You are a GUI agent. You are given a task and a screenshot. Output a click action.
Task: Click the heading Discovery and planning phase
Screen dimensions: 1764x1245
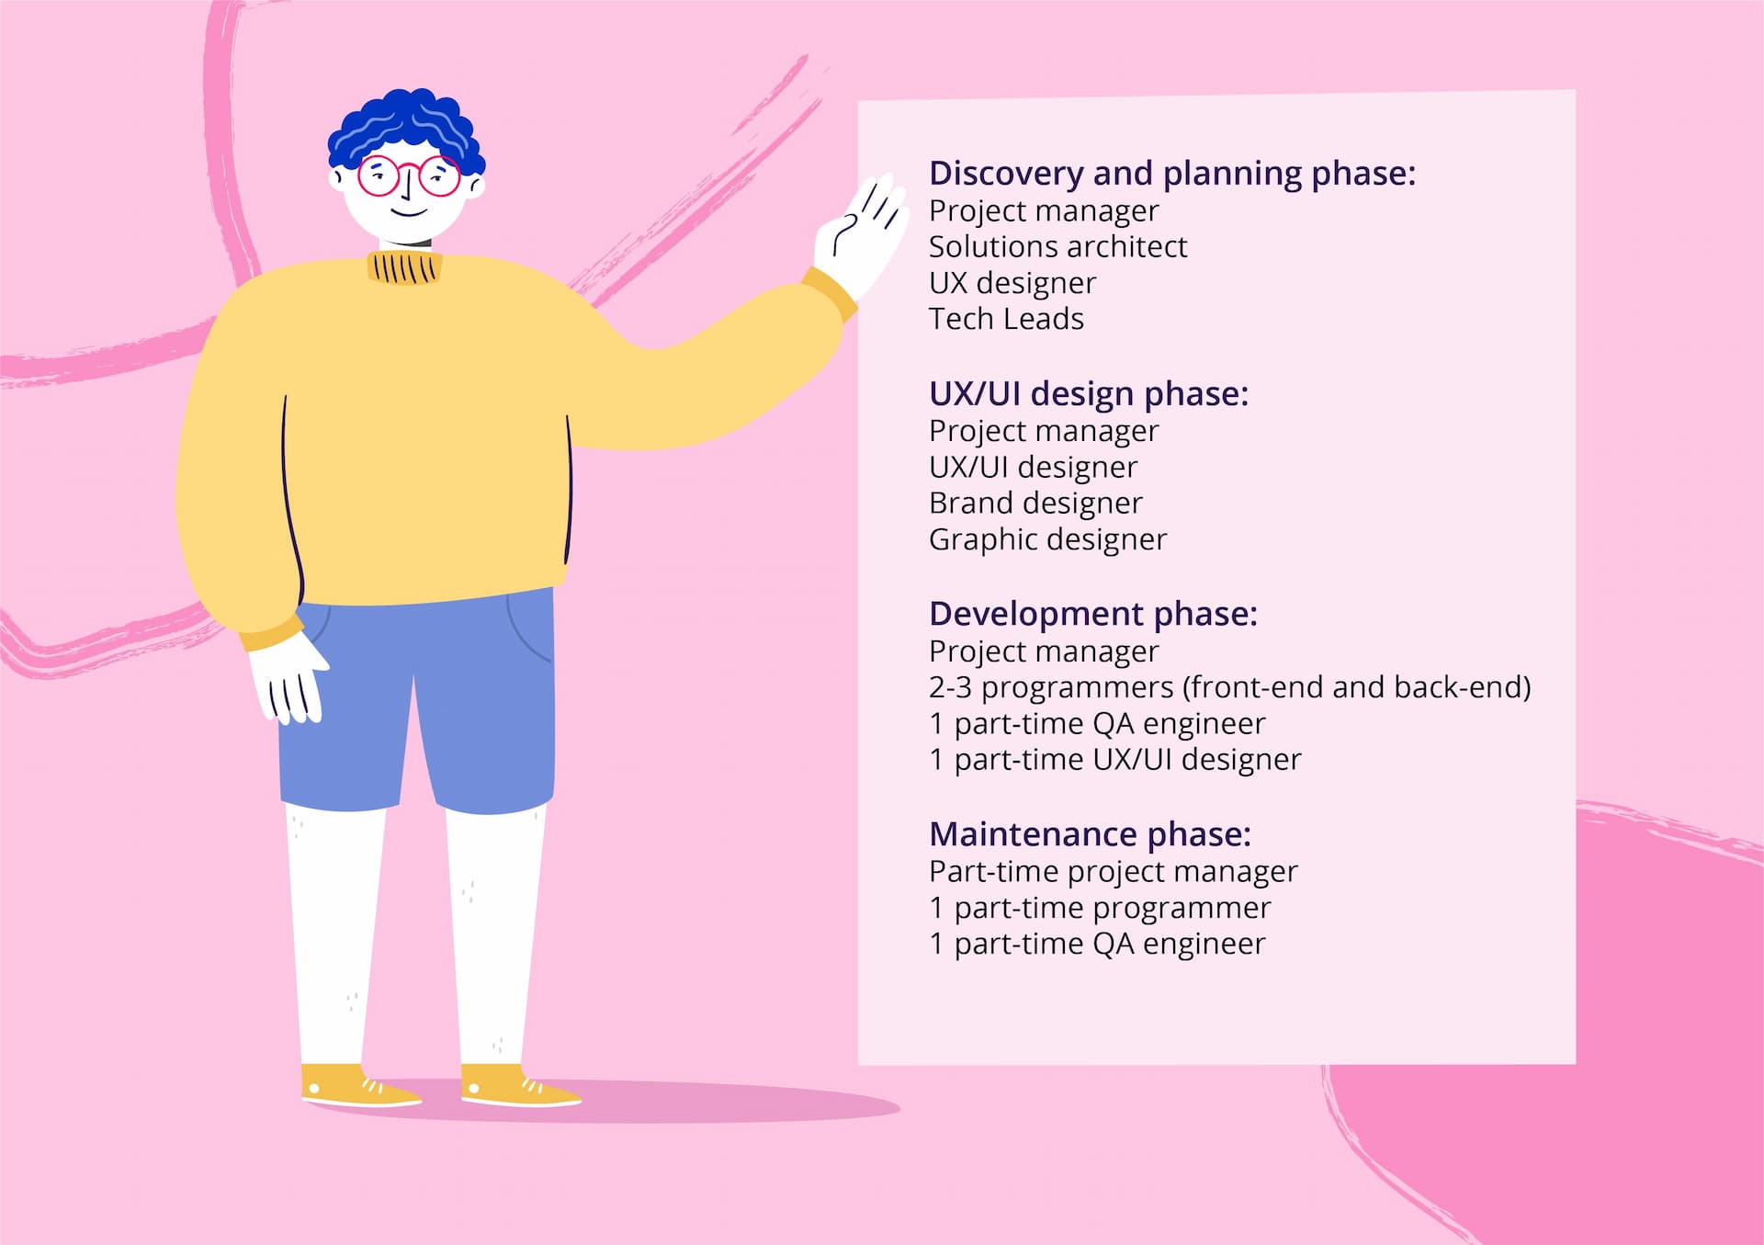[1172, 174]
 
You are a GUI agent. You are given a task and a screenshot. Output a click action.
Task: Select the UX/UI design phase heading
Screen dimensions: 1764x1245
[1089, 394]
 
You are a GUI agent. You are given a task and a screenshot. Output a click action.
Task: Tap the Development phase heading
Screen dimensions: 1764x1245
[1093, 614]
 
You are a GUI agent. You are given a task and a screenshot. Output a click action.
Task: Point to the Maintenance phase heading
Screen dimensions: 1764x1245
[1091, 834]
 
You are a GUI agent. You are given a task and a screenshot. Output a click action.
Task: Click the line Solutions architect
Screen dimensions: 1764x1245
[1057, 247]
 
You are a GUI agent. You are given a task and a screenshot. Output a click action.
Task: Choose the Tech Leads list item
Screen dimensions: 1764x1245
[1006, 319]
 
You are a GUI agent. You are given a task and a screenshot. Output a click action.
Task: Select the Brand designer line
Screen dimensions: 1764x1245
[1035, 504]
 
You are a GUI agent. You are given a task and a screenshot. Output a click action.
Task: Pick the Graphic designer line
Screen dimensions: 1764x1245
[1047, 539]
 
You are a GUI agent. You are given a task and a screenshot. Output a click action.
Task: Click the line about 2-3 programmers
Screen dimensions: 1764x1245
[1230, 687]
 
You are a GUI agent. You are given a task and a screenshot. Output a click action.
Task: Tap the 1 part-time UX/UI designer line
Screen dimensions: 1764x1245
[1115, 760]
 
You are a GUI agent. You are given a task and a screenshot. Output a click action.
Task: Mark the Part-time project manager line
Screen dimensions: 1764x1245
[1114, 871]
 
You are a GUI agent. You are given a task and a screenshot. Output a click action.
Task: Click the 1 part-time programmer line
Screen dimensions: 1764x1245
[1100, 908]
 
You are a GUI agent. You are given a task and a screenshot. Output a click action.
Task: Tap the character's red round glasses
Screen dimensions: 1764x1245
[409, 175]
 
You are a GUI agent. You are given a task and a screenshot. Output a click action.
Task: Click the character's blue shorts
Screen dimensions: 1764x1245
[418, 703]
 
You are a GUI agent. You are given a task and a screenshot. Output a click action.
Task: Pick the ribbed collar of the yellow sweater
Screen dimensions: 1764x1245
[404, 267]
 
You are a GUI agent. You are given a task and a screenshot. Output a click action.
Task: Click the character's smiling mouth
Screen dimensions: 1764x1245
[409, 213]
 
